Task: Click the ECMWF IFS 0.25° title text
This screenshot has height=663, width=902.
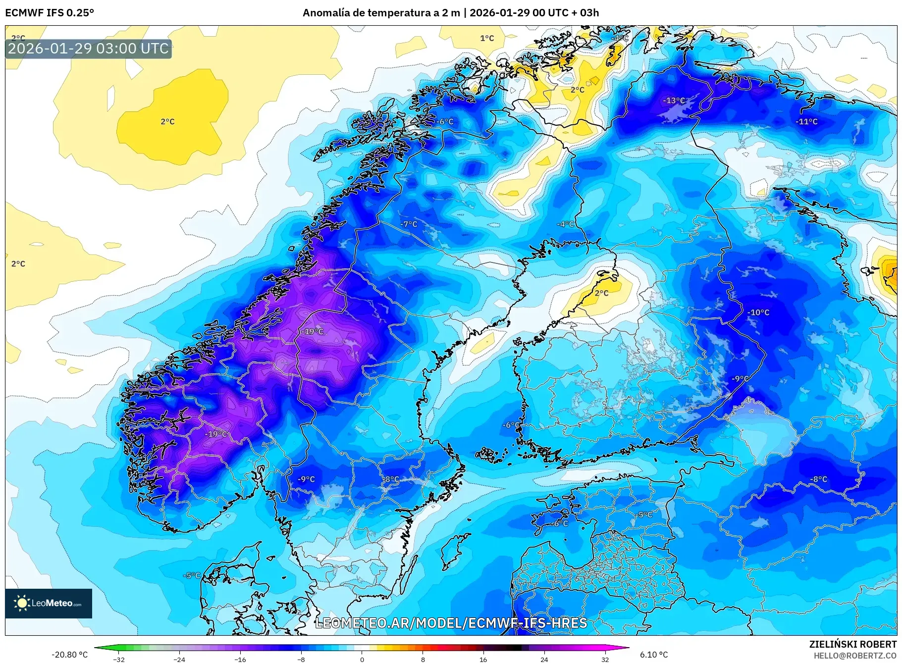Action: (50, 13)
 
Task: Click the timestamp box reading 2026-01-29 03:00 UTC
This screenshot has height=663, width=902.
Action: (89, 49)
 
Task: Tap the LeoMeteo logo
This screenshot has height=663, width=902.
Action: (49, 603)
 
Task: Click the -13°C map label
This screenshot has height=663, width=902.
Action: (674, 101)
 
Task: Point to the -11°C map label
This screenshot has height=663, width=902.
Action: (806, 122)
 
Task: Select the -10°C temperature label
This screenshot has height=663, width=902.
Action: (758, 312)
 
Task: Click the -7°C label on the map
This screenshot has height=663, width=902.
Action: (409, 224)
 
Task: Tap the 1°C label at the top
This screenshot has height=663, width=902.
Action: (487, 38)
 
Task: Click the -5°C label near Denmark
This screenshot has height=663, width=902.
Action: (192, 575)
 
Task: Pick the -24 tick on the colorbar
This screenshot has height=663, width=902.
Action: (179, 659)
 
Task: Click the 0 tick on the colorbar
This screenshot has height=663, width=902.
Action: (362, 659)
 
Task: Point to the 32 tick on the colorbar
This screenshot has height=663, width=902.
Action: (605, 659)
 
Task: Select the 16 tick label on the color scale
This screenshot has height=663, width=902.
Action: (483, 659)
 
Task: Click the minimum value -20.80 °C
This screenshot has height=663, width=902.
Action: (69, 655)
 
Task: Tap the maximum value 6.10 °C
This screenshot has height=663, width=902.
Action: (654, 655)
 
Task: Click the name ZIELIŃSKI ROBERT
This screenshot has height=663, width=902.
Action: (852, 644)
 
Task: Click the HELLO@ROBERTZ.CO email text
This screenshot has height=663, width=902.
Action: (854, 656)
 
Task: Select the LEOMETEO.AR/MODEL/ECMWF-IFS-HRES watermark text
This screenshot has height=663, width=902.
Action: (451, 623)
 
